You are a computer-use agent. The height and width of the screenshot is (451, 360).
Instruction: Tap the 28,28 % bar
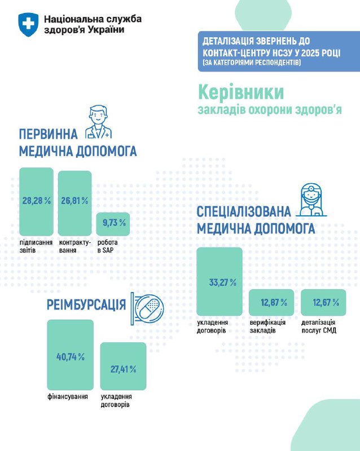click(36, 201)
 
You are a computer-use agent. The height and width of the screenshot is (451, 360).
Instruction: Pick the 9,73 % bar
click(113, 224)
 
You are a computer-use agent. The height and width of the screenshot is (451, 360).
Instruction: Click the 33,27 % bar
click(219, 281)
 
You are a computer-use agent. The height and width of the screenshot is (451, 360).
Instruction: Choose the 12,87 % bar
click(271, 303)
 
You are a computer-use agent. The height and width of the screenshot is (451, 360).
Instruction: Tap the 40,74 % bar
click(71, 355)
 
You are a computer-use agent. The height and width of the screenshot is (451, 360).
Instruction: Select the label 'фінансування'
click(68, 397)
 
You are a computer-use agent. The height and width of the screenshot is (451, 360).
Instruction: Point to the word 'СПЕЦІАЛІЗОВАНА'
click(244, 212)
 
